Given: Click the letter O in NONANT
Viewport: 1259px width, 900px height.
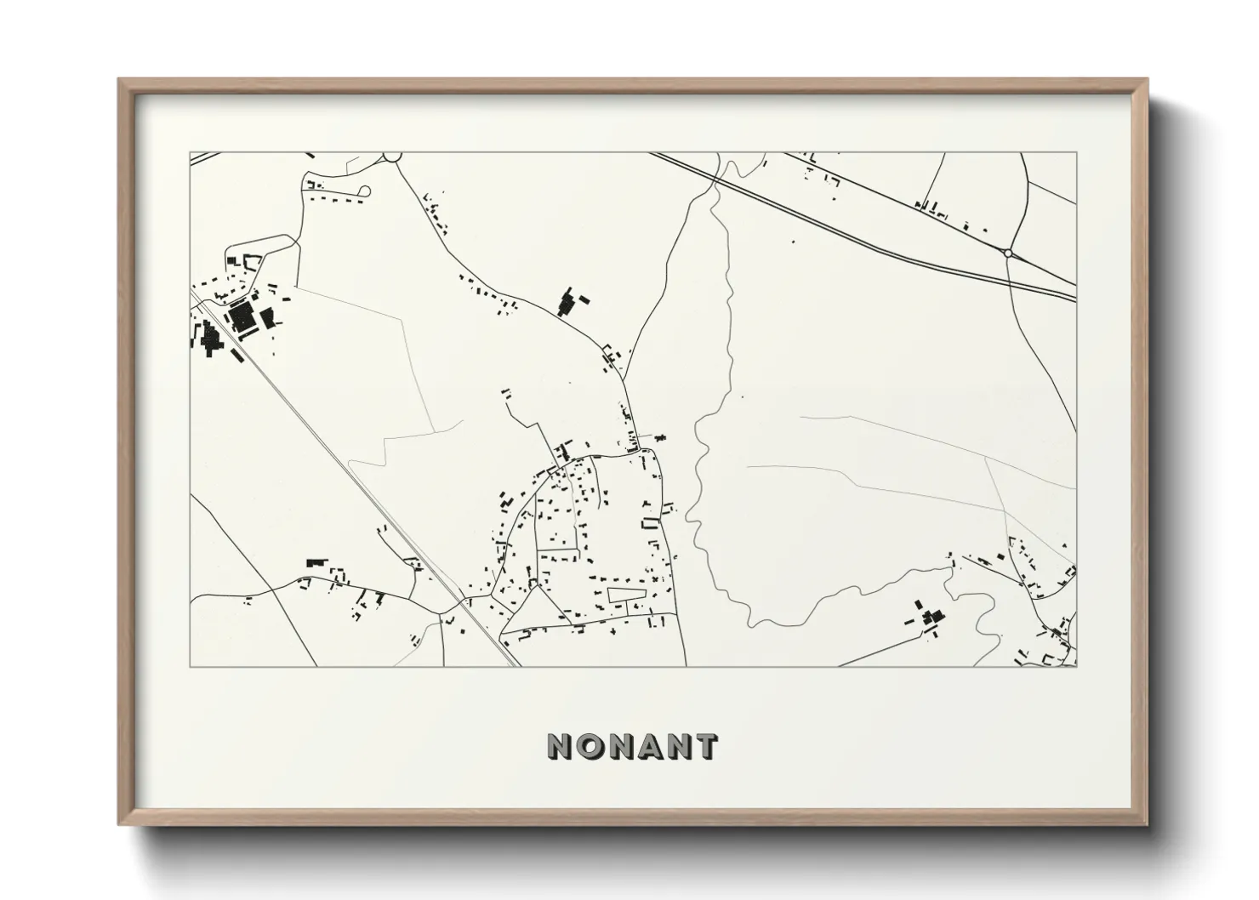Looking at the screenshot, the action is point(592,747).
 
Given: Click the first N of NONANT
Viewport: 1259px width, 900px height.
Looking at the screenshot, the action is point(562,747).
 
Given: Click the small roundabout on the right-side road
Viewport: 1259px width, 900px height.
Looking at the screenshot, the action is point(1008,253).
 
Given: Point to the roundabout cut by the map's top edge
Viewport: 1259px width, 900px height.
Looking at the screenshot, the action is point(392,157).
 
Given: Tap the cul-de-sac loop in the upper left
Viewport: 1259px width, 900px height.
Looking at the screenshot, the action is point(366,192).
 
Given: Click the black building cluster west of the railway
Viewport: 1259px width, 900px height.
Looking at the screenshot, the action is point(209,339).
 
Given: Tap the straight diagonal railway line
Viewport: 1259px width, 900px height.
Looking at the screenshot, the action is point(357,476).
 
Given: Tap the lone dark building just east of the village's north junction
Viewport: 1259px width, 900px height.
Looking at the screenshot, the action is point(662,437).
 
